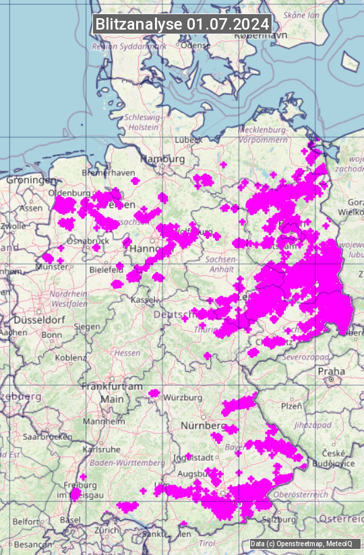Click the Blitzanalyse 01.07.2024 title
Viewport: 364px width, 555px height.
(x=182, y=24)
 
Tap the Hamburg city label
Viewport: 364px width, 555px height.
(x=162, y=159)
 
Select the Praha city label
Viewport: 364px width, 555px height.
(x=332, y=371)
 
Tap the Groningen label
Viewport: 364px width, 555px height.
(x=31, y=180)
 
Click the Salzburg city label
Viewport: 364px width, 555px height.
(x=279, y=519)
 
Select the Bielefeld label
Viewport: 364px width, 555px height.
(x=106, y=269)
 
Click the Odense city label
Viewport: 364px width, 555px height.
(x=196, y=45)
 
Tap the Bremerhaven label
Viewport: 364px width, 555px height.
(x=108, y=173)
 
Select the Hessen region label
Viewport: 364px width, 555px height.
(x=127, y=353)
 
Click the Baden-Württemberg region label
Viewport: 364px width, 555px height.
(x=127, y=463)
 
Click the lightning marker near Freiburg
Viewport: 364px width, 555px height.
(x=75, y=494)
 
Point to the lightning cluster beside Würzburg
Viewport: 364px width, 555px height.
(x=154, y=393)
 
